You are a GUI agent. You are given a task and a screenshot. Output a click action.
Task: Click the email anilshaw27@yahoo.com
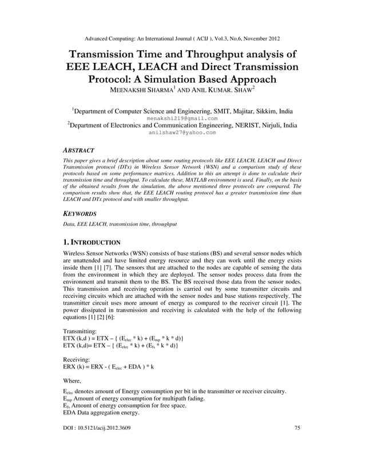pyautogui.click(x=182, y=132)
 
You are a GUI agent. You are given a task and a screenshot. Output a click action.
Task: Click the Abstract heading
pyautogui.click(x=78, y=150)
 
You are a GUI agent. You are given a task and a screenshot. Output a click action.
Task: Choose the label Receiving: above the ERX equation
pyautogui.click(x=77, y=359)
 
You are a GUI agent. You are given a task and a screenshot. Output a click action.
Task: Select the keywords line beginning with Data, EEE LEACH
pyautogui.click(x=120, y=224)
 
